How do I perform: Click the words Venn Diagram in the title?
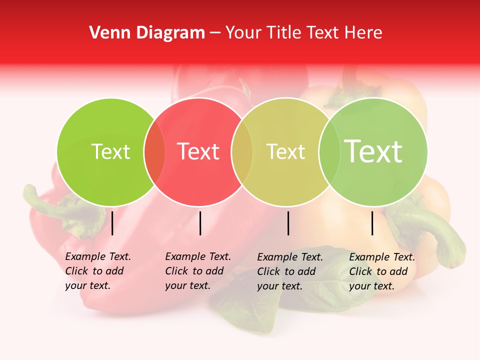(x=146, y=33)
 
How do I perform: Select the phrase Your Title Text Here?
(x=303, y=33)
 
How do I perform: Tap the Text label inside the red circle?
(x=198, y=151)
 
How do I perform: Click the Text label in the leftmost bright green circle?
(x=110, y=151)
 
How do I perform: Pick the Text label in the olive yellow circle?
(x=285, y=151)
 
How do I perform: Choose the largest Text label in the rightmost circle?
(x=373, y=151)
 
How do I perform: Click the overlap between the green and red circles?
(x=154, y=152)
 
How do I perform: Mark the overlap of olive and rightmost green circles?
(x=327, y=152)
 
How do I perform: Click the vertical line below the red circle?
(x=200, y=223)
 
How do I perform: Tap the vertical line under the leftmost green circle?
(x=112, y=223)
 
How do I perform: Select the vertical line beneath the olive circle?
(x=288, y=223)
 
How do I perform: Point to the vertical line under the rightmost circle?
(x=372, y=223)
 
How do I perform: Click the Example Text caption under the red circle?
(x=197, y=271)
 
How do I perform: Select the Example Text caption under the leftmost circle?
(x=97, y=271)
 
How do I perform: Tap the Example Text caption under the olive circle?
(x=289, y=271)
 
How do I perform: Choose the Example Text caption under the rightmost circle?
(x=381, y=271)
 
